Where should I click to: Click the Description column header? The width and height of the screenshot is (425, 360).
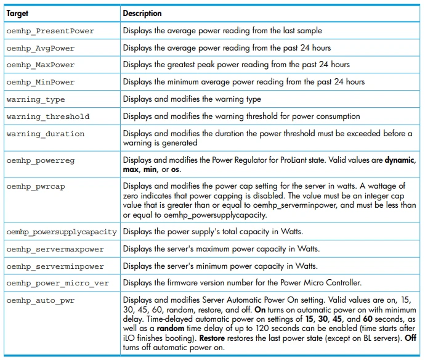pos(142,13)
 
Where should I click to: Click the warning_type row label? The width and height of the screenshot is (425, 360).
pos(36,99)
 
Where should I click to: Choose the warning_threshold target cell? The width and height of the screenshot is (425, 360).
pos(48,117)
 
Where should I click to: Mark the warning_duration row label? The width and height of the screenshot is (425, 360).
pos(46,134)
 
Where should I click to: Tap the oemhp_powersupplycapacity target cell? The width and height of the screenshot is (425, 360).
pos(62,232)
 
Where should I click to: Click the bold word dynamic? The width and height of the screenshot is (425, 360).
pos(400,160)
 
